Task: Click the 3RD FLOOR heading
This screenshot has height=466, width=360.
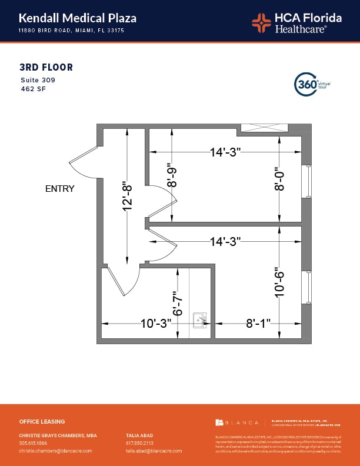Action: [46, 68]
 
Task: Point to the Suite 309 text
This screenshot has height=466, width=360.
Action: [38, 80]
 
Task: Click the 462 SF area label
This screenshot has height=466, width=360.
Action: [32, 89]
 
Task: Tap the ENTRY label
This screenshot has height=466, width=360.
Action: [60, 189]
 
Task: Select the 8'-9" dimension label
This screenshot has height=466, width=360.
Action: [172, 175]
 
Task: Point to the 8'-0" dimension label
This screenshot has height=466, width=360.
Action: [279, 179]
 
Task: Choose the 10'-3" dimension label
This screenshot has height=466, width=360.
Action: [155, 324]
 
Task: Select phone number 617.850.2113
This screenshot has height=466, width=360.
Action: [139, 443]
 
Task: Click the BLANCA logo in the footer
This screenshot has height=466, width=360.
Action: [237, 422]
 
